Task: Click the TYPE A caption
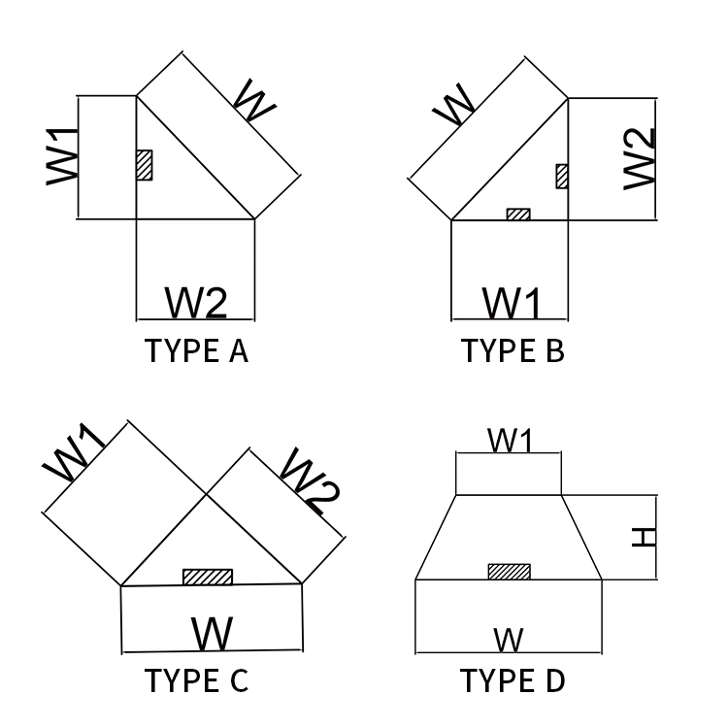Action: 196,350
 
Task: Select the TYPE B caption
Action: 512,350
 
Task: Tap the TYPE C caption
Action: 196,680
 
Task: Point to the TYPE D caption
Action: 512,680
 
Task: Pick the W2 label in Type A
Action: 196,303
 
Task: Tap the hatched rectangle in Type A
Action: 145,164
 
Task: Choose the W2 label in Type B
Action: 641,157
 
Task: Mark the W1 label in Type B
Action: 512,303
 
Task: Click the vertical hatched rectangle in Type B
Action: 562,176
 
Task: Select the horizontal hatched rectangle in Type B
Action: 518,215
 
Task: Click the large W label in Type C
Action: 212,634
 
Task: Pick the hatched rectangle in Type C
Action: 208,577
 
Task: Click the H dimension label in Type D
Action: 644,536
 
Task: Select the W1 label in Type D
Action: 511,441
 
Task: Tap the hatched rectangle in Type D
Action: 509,572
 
